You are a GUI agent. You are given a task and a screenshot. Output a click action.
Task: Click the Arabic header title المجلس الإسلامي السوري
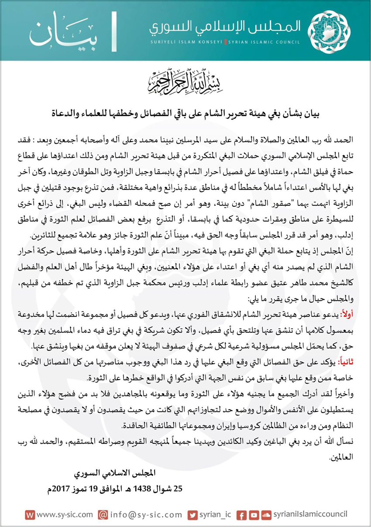[x=225, y=26]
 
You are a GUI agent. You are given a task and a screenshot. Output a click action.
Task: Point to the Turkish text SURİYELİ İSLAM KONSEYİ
[x=185, y=42]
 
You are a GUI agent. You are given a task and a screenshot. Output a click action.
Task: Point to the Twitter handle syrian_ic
[x=215, y=515]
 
